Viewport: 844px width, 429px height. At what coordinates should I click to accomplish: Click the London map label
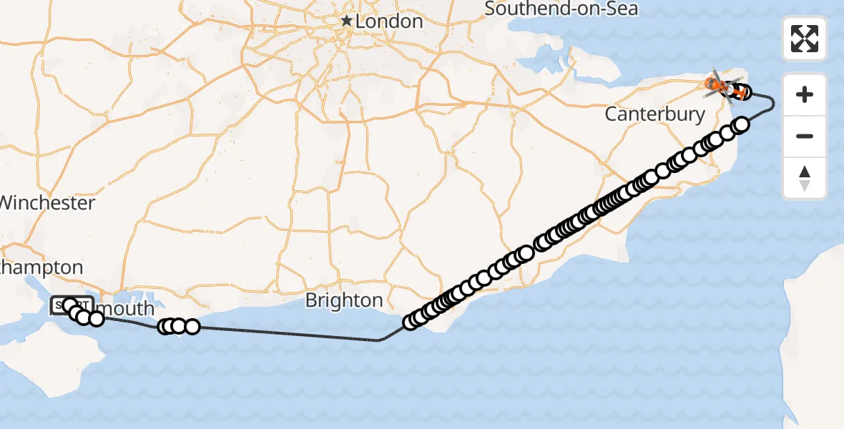(388, 21)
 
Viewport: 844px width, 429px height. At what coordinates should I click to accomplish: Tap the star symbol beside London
(347, 21)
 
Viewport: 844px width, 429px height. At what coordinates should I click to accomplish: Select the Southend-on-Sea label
(561, 9)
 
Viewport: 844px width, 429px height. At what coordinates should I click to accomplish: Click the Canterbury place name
(654, 114)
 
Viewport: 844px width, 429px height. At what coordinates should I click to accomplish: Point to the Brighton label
(343, 300)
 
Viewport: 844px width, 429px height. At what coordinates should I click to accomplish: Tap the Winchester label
(47, 203)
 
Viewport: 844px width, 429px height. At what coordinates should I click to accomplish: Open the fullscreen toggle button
(805, 39)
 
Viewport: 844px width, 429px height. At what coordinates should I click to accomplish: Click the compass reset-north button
(805, 178)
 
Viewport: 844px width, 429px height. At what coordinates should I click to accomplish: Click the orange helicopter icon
(717, 85)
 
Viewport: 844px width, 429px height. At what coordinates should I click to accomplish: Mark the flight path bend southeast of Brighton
(380, 340)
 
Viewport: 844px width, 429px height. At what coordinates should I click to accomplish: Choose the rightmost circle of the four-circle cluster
(192, 327)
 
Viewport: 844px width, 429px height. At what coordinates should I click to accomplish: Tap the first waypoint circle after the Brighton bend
(411, 322)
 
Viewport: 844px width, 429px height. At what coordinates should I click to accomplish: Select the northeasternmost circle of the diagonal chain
(742, 124)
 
